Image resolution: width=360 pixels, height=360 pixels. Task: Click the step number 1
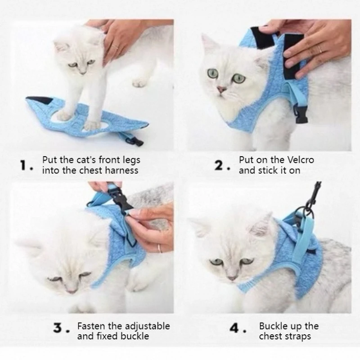[x=24, y=165]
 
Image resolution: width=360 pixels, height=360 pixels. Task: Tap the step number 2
[x=219, y=165]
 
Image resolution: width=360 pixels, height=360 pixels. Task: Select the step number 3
[x=58, y=328]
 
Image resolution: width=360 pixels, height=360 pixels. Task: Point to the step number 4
[x=234, y=328]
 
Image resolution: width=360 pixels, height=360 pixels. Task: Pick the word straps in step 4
[x=298, y=337]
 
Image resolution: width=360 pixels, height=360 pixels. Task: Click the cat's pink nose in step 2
[x=222, y=89]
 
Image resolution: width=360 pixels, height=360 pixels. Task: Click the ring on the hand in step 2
[x=319, y=49]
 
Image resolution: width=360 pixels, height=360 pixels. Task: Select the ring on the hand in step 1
[x=116, y=48]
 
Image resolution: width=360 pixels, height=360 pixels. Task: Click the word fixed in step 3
[x=107, y=336]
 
